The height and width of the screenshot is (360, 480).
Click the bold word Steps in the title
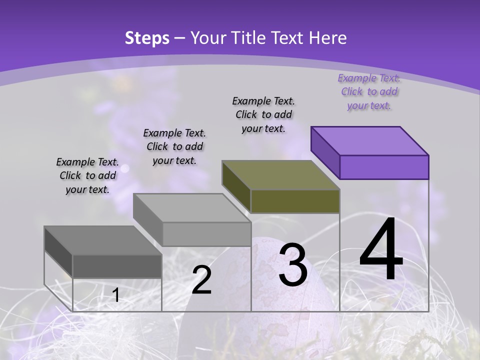pos(146,38)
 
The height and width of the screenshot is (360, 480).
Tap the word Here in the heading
pos(329,38)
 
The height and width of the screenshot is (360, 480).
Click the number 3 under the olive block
pos(293,265)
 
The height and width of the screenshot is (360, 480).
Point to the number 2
pos(201,280)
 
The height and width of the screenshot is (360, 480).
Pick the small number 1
pos(116,295)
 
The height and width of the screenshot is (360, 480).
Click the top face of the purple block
pos(370,140)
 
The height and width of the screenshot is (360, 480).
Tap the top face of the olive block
pos(281,175)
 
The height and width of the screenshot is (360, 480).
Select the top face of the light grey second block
pos(192,207)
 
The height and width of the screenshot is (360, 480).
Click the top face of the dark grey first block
pos(103,240)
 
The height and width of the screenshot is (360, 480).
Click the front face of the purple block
pos(384,167)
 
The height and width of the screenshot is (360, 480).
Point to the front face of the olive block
pos(295,201)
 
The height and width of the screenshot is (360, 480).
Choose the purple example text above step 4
pos(369,91)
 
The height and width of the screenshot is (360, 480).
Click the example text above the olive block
pos(263,114)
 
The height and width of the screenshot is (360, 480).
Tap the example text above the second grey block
pos(174,146)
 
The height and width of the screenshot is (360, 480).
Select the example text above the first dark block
pos(87,175)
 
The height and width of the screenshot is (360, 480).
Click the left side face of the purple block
pos(325,152)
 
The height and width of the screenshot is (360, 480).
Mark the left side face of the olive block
pos(236,186)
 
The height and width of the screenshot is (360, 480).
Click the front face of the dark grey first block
pos(117,266)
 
